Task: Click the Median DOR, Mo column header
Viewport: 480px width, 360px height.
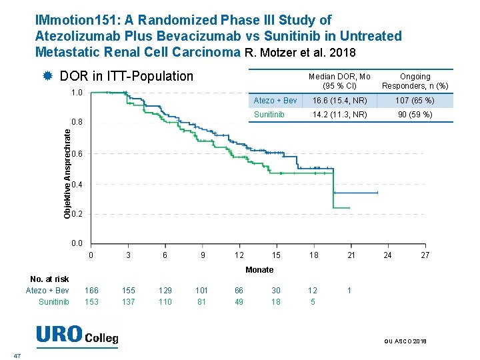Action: (x=339, y=81)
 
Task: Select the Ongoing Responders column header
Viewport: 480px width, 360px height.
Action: (x=415, y=81)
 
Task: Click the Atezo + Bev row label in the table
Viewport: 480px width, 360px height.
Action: (x=275, y=101)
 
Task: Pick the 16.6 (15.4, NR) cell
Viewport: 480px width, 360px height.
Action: (x=339, y=101)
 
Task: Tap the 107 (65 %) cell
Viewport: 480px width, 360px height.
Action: (x=415, y=101)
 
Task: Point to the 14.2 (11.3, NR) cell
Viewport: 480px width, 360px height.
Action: (x=339, y=115)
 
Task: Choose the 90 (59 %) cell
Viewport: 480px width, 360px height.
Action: (x=415, y=115)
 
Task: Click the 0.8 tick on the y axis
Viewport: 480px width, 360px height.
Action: (x=77, y=123)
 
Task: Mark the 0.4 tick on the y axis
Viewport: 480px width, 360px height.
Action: (x=77, y=184)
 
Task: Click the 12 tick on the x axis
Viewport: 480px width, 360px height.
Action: (x=239, y=255)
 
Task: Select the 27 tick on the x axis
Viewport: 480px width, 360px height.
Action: (x=425, y=255)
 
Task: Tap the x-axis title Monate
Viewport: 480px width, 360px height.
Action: (x=259, y=270)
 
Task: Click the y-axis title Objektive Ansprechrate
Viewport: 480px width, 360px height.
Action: (x=67, y=173)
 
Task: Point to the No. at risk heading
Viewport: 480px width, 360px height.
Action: (x=49, y=279)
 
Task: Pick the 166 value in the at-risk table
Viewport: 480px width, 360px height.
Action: (x=91, y=290)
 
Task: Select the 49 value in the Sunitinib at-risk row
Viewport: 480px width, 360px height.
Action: (x=239, y=302)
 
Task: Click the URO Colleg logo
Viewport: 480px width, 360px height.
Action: (x=77, y=335)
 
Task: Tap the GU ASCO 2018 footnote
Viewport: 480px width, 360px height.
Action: (x=406, y=341)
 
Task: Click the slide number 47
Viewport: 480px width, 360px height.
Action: (x=17, y=355)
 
